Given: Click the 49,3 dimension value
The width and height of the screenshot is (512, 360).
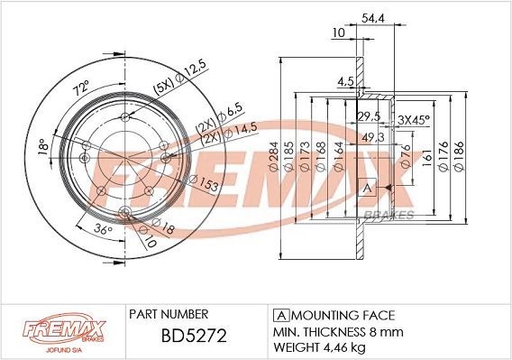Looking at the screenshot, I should pyautogui.click(x=370, y=136).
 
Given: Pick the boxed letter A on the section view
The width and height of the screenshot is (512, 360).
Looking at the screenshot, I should pyautogui.click(x=366, y=188).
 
